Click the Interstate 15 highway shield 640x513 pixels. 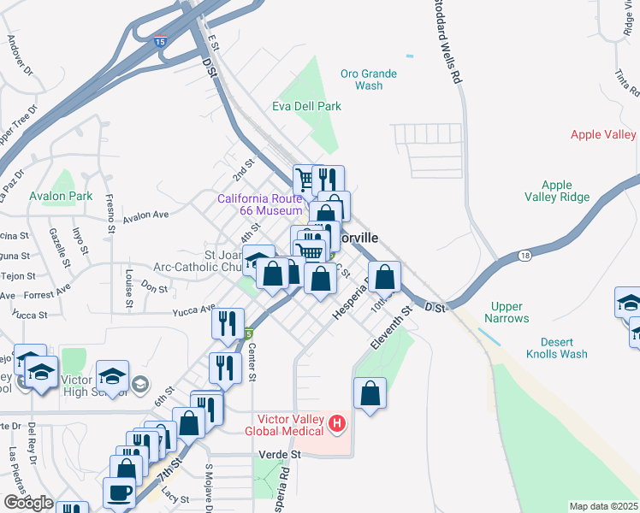pos(160,41)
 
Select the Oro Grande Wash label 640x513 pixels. pos(369,80)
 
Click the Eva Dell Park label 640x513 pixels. pos(306,106)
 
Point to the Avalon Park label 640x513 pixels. pos(60,196)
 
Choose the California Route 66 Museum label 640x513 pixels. pos(260,204)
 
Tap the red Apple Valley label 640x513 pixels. pos(603,135)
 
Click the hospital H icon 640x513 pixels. pos(338,422)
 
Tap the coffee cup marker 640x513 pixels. pos(119,492)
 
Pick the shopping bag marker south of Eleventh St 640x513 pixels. pos(370,394)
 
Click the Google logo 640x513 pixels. pos(28,503)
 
